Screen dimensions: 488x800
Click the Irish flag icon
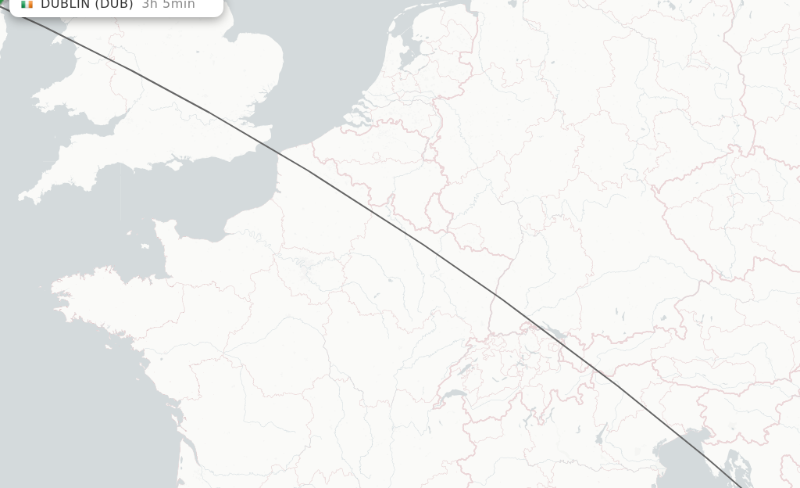27,4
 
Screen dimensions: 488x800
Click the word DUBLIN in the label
65,4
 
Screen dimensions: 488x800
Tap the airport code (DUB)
113,4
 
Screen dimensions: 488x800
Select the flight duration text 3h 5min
168,4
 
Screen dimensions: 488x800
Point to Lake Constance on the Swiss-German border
552,333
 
